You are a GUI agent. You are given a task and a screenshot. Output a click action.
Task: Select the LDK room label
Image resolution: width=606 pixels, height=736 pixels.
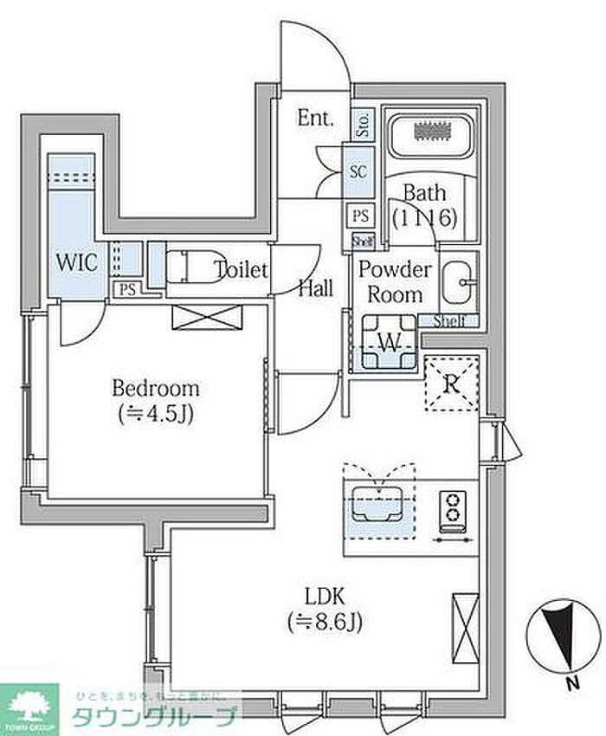click(325, 596)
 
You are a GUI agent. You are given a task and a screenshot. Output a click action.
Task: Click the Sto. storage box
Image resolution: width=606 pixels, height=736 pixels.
click(362, 125)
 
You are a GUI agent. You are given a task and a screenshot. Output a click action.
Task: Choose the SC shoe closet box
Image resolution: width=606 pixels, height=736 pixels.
click(358, 171)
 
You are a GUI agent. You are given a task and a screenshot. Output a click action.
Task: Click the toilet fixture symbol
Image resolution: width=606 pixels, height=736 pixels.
click(189, 268)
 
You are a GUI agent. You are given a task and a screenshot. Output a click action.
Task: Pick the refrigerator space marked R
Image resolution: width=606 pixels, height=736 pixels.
click(450, 383)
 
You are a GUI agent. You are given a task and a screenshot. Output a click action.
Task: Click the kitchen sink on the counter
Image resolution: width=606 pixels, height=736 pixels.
click(377, 503)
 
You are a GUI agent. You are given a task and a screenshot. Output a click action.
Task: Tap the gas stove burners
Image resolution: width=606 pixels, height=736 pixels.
click(451, 508)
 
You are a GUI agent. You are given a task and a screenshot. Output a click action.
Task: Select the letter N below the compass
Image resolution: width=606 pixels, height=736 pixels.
click(571, 684)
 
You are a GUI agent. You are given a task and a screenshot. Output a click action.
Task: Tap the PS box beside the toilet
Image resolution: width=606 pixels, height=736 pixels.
click(127, 289)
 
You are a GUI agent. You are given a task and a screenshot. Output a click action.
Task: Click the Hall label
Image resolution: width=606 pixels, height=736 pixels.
click(316, 289)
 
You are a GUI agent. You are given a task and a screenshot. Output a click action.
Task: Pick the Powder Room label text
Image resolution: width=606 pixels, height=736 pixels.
click(395, 281)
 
